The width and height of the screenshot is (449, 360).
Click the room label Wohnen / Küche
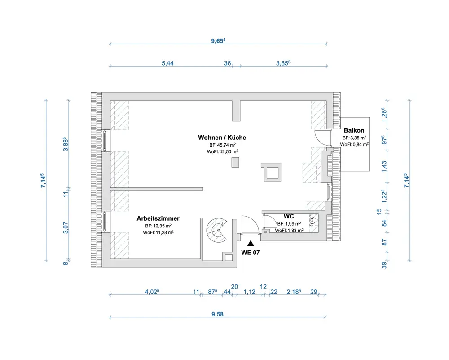[222, 137]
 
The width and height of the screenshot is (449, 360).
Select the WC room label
[289, 216]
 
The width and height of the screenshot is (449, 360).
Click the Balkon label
[354, 130]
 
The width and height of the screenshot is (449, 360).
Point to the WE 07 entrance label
[251, 253]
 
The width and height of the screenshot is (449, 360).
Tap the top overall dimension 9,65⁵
[218, 40]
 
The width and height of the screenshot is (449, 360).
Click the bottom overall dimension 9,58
[217, 314]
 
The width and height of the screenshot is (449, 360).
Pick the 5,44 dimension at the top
[167, 63]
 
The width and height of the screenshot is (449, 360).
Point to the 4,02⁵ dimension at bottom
[152, 292]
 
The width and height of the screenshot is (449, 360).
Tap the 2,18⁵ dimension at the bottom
[294, 292]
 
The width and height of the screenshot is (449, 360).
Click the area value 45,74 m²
[223, 145]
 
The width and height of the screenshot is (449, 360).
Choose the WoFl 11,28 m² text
[158, 232]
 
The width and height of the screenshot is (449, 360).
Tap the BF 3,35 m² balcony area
[354, 138]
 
